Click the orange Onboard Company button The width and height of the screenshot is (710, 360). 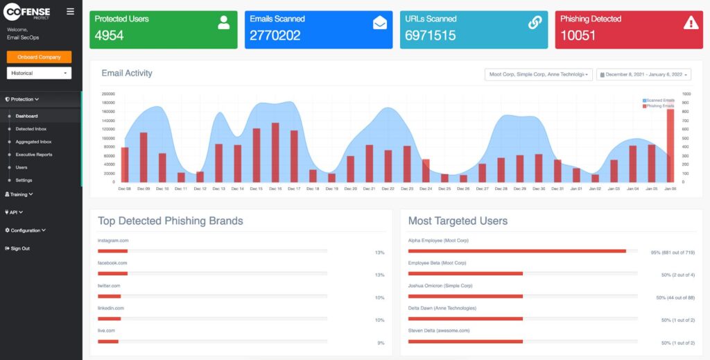[39, 57]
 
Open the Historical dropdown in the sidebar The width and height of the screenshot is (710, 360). [39, 73]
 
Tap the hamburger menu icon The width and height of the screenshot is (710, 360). [70, 11]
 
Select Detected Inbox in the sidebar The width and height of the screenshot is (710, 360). [31, 129]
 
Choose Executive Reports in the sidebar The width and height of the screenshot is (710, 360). [34, 155]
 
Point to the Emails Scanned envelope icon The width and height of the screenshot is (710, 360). [379, 22]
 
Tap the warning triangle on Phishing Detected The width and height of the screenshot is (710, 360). [691, 22]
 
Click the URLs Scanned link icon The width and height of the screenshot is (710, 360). [535, 22]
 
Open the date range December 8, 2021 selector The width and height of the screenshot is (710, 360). [643, 74]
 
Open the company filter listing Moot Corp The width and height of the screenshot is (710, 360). [539, 74]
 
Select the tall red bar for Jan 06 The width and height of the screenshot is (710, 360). [670, 146]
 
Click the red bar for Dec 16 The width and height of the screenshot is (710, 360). [275, 153]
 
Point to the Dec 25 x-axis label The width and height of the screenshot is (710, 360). [444, 189]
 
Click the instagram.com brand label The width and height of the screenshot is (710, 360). [113, 241]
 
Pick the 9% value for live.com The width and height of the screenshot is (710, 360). [381, 343]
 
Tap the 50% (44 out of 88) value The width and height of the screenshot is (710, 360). [675, 298]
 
